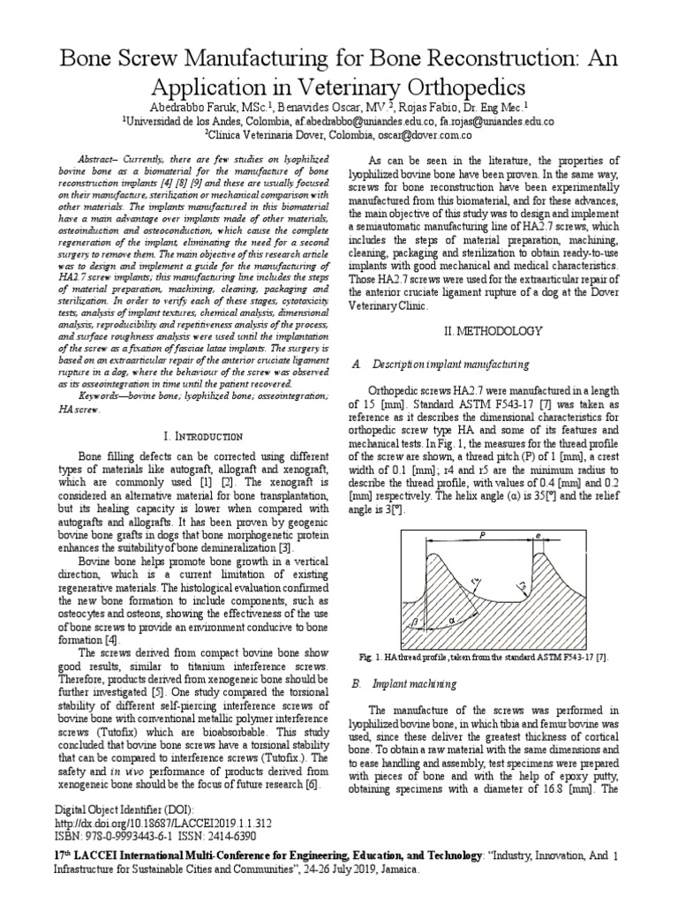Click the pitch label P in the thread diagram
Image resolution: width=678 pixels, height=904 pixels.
pos(484,534)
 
